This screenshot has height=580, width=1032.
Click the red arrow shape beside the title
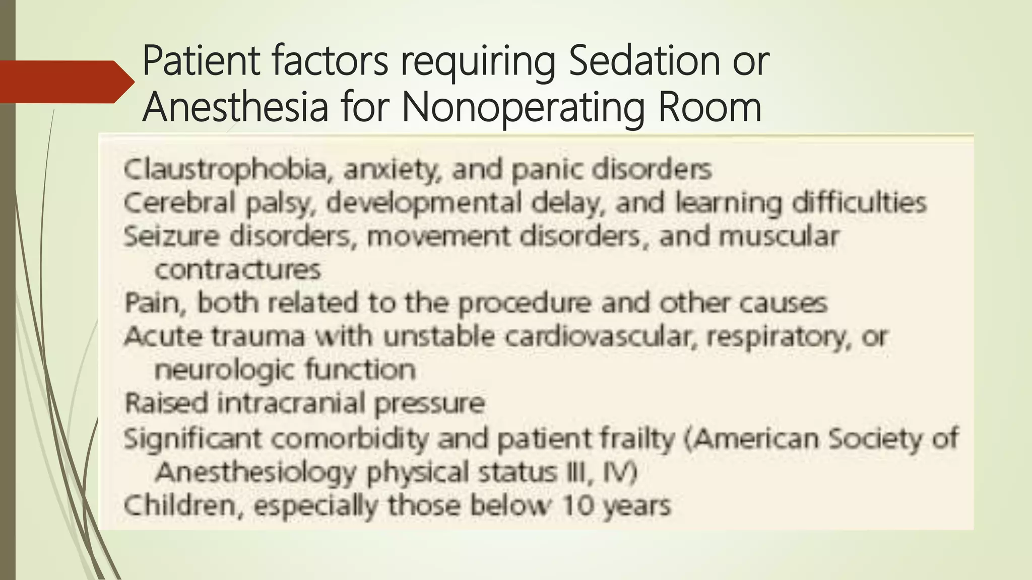66,82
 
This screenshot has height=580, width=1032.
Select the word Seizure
171,237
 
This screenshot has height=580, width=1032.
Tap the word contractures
237,270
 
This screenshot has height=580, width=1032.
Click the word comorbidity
350,439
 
